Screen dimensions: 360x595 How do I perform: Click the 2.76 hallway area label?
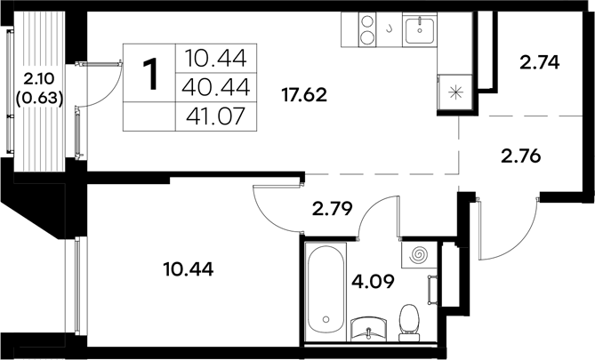[x=521, y=156]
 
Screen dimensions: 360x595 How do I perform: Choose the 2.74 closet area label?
[x=539, y=63]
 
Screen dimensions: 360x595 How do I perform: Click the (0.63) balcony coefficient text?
[x=36, y=98]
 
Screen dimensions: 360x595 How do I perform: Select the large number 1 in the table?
[x=151, y=75]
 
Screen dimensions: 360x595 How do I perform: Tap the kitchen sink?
[x=418, y=31]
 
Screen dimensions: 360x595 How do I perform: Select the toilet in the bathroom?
[x=410, y=322]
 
